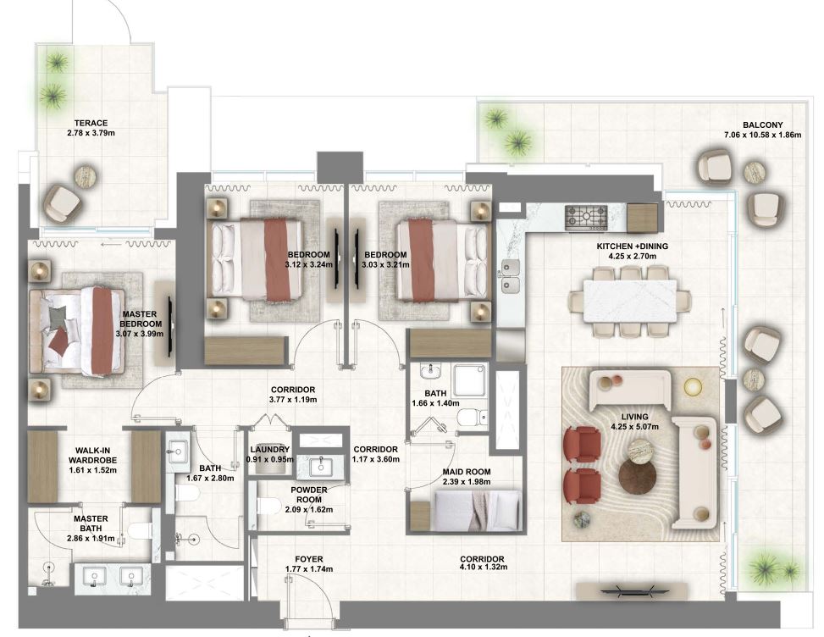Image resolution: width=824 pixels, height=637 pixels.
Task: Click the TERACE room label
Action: pyautogui.click(x=91, y=123)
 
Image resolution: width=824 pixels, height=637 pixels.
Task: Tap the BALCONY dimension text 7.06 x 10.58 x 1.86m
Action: pyautogui.click(x=762, y=135)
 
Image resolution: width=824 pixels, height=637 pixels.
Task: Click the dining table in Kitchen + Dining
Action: pyautogui.click(x=629, y=302)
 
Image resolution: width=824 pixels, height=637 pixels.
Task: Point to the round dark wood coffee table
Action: pyautogui.click(x=638, y=477)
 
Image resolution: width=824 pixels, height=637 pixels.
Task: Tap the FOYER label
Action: pyautogui.click(x=309, y=559)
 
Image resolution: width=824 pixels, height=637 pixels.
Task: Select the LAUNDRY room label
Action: pyautogui.click(x=270, y=449)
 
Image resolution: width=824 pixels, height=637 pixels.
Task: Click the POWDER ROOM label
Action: pyautogui.click(x=309, y=495)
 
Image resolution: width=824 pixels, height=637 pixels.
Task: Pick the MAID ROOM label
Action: pyautogui.click(x=467, y=472)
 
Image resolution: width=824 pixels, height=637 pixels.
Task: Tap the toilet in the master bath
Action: pyautogui.click(x=140, y=532)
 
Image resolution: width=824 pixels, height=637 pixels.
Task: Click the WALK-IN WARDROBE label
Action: pyautogui.click(x=93, y=455)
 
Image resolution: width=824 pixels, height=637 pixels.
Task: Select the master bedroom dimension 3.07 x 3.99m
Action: pyautogui.click(x=140, y=333)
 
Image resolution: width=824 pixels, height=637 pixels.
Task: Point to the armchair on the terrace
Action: pyautogui.click(x=63, y=202)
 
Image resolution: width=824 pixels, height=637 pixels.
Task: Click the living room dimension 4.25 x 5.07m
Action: pyautogui.click(x=635, y=427)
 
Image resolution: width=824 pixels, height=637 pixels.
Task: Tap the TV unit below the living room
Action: pyautogui.click(x=633, y=590)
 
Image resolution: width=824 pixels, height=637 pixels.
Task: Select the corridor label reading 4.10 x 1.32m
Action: pyautogui.click(x=484, y=567)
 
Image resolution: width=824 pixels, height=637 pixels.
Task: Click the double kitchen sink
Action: pyautogui.click(x=509, y=276)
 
